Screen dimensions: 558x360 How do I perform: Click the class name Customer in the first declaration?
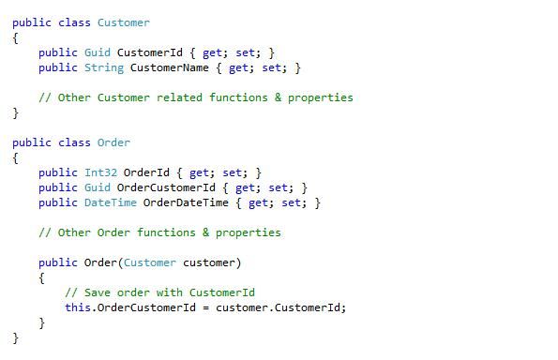(x=123, y=22)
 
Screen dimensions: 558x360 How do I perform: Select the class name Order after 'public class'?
(x=113, y=142)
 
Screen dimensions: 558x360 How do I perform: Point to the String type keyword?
(x=103, y=67)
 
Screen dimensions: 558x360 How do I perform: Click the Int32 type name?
(x=100, y=172)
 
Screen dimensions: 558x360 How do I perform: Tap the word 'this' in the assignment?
(x=78, y=307)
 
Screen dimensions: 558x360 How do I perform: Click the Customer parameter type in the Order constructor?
(x=149, y=262)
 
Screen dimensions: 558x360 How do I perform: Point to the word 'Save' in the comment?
(x=97, y=292)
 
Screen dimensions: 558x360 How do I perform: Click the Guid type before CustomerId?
(x=97, y=52)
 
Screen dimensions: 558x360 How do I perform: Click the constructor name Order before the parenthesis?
(x=100, y=262)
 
